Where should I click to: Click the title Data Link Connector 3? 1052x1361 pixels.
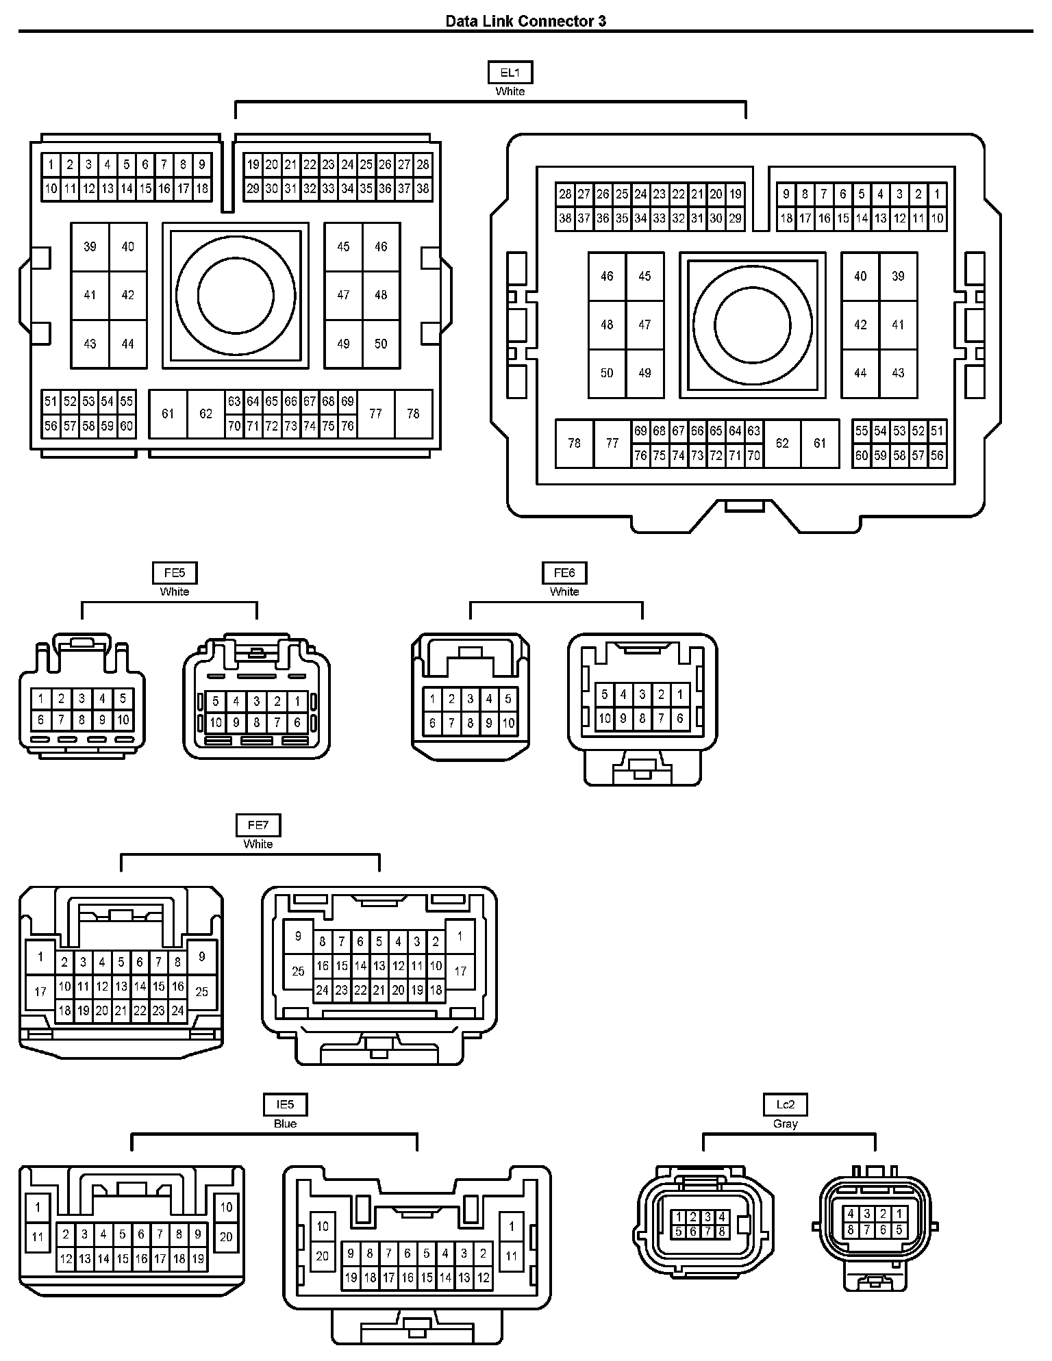point(525,21)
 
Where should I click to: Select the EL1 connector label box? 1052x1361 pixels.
point(510,73)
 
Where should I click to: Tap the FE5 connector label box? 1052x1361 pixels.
point(175,573)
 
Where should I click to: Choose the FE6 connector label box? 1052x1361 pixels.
point(564,573)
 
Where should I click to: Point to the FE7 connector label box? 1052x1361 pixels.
point(258,826)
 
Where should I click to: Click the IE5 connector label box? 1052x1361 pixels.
point(285,1104)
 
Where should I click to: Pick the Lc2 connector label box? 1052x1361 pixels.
point(785,1104)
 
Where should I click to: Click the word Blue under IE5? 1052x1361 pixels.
point(285,1123)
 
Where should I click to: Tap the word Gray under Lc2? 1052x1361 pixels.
point(785,1123)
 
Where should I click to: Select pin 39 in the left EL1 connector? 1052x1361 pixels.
point(90,246)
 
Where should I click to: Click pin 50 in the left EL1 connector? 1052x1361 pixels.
point(381,344)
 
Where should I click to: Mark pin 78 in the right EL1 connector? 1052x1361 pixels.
point(574,443)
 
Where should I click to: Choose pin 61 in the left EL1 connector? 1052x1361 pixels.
point(168,414)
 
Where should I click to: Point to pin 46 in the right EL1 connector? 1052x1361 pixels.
point(607,276)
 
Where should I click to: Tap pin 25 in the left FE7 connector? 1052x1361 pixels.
point(201,991)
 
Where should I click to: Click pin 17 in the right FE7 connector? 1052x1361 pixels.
point(460,971)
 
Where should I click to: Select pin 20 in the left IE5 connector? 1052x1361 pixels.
point(226,1236)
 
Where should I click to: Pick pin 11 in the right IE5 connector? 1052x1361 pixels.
point(511,1256)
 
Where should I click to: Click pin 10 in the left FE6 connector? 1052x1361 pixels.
point(508,723)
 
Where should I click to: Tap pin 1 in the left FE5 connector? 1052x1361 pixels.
point(41,699)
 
